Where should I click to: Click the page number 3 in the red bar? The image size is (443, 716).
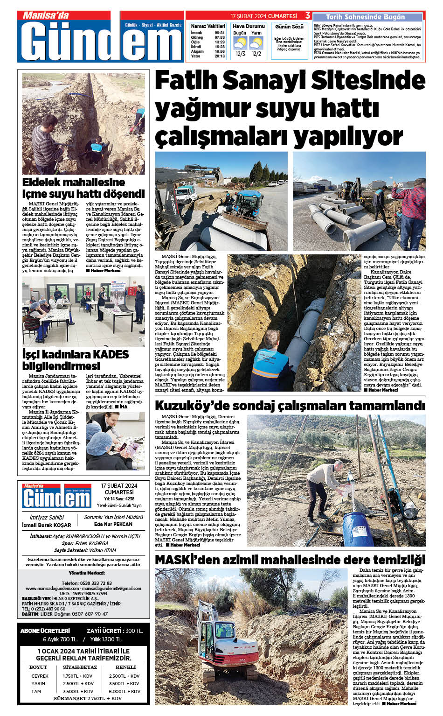pyautogui.click(x=308, y=16)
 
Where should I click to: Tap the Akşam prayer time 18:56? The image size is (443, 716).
pyautogui.click(x=220, y=51)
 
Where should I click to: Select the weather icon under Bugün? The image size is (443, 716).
pyautogui.click(x=240, y=43)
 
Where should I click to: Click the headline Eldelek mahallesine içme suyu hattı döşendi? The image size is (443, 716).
pyautogui.click(x=83, y=188)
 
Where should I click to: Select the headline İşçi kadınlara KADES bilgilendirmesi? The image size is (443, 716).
pyautogui.click(x=76, y=359)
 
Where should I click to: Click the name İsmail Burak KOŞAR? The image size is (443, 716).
pyautogui.click(x=47, y=525)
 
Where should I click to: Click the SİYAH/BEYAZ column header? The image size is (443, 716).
pyautogui.click(x=80, y=667)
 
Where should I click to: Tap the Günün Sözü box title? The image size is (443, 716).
pyautogui.click(x=289, y=27)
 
